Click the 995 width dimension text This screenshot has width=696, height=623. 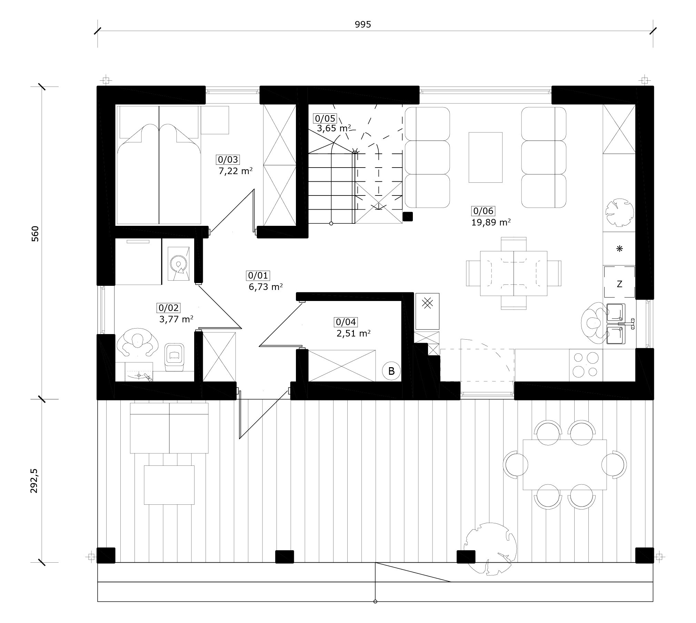tap(363, 24)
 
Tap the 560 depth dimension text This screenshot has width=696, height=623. tap(35, 233)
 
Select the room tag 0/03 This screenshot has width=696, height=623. tap(228, 160)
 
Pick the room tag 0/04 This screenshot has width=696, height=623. tap(346, 322)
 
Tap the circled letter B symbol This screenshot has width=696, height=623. tap(391, 371)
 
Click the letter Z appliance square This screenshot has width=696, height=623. tap(619, 282)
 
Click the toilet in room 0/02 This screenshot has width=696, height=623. tap(175, 357)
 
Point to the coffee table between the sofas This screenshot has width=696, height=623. tap(485, 157)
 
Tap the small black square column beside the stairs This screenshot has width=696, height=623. tap(408, 216)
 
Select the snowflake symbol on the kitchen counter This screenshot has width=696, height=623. tap(619, 249)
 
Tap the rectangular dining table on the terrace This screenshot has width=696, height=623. tap(565, 464)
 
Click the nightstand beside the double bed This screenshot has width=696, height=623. tap(215, 120)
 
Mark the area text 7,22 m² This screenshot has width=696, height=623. tap(236, 171)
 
